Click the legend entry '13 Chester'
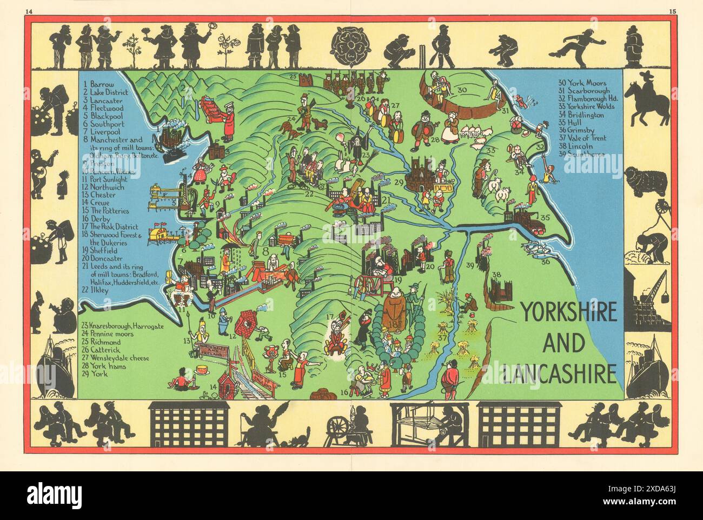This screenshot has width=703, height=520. [x=101, y=196]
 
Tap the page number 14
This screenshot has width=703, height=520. [x=12, y=10]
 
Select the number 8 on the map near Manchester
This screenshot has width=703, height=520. [x=266, y=250]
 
